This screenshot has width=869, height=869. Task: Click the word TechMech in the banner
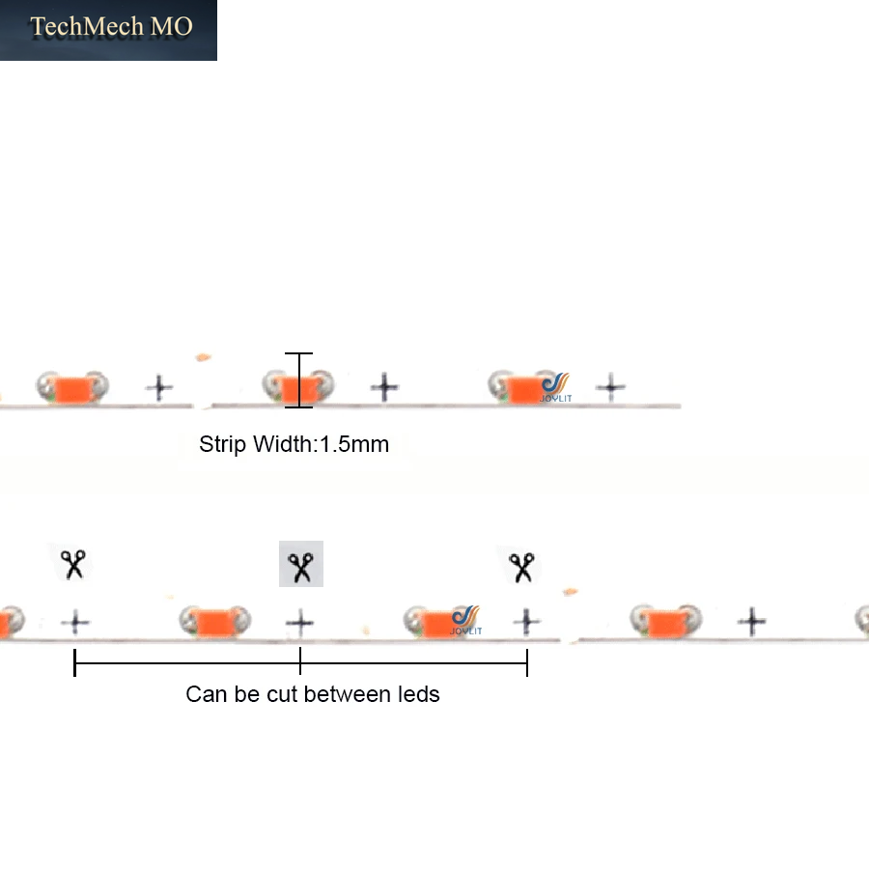(87, 26)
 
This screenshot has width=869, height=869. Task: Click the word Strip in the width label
(222, 445)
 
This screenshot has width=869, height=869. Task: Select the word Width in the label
(283, 444)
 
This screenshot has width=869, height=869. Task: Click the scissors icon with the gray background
(301, 564)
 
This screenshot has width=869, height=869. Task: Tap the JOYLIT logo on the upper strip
(556, 387)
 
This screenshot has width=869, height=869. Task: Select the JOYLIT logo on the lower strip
(466, 620)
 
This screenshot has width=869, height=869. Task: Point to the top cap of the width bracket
(298, 353)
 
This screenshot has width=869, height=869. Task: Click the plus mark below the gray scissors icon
(300, 623)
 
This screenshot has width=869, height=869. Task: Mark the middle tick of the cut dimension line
(300, 661)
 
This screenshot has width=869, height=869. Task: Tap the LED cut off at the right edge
(863, 620)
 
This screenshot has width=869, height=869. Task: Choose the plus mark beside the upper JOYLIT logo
(611, 387)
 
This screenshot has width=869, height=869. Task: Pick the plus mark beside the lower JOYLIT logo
(526, 621)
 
